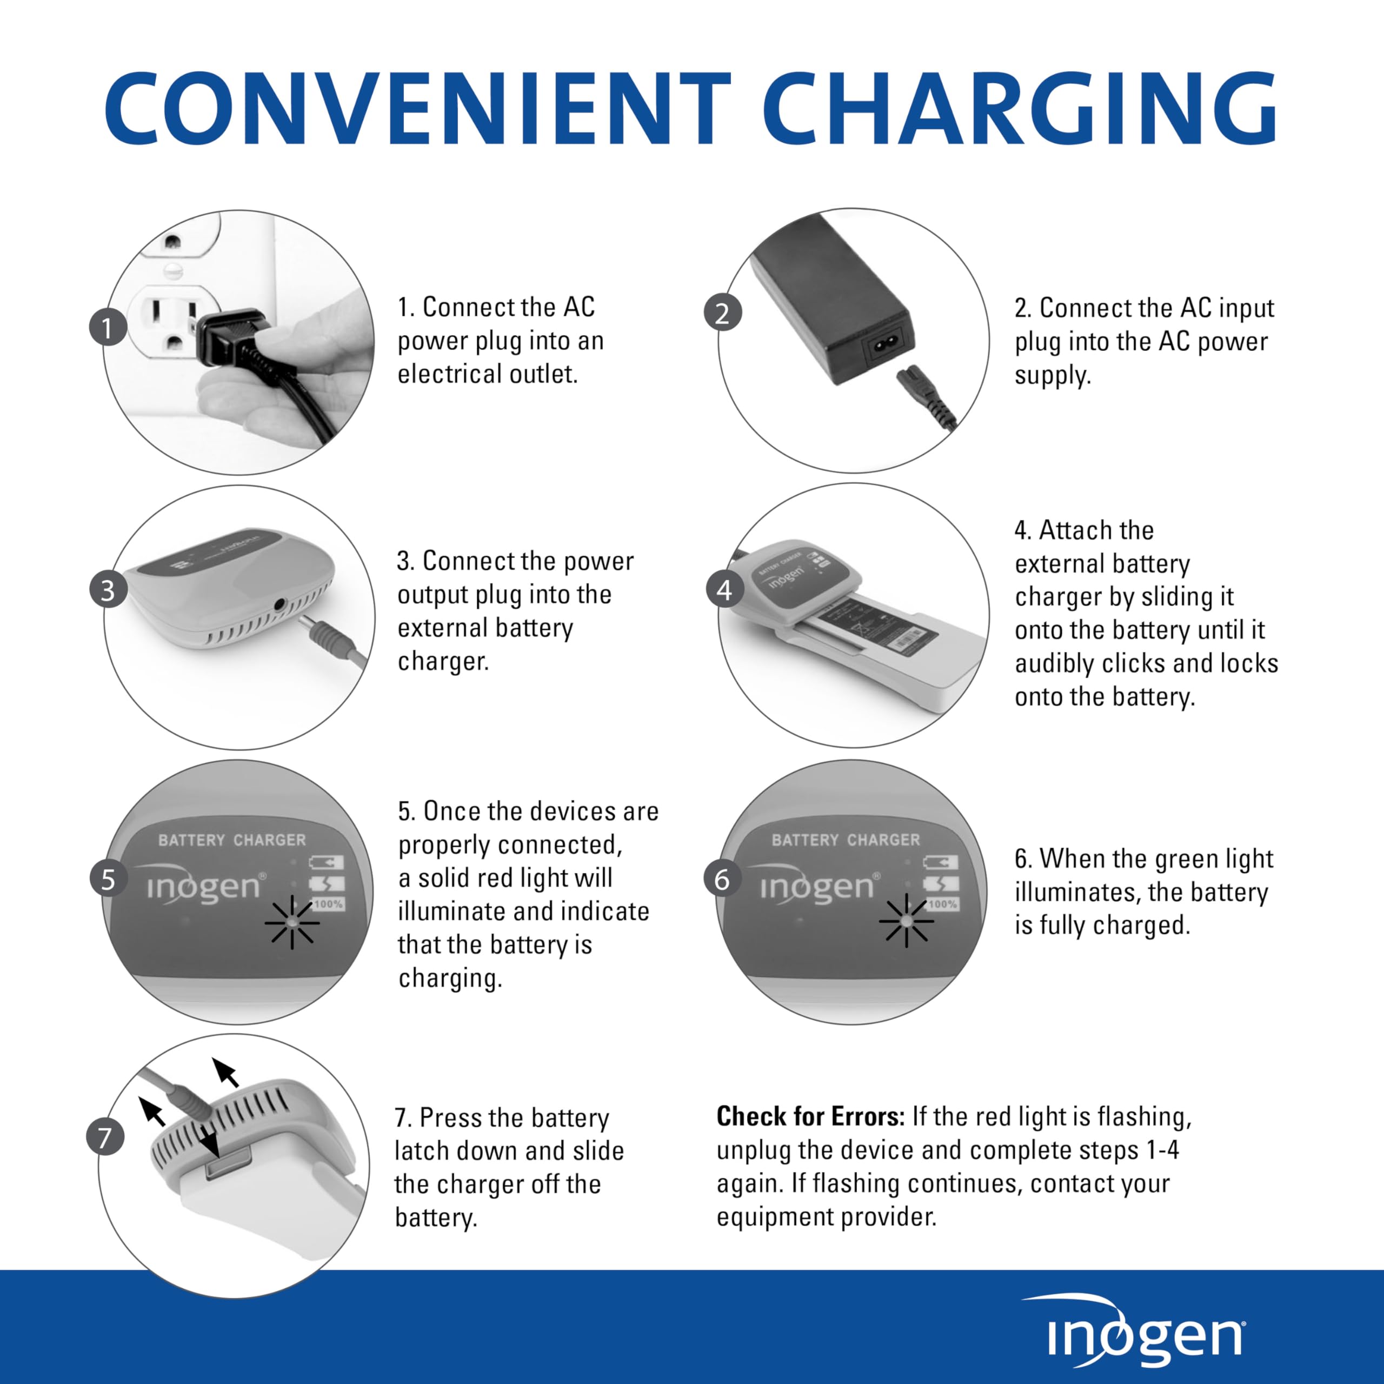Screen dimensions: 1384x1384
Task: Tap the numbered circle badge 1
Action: [108, 328]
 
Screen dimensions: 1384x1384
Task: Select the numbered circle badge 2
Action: [722, 313]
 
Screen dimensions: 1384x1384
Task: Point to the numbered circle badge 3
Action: [108, 590]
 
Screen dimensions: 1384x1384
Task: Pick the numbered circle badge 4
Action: [724, 590]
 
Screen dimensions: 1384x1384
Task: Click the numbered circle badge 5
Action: [108, 879]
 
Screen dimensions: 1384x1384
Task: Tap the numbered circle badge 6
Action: [722, 879]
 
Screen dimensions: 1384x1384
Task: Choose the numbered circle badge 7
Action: [105, 1137]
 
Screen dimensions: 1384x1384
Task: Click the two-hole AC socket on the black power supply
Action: [887, 349]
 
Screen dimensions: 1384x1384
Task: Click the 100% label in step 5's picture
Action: [328, 904]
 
